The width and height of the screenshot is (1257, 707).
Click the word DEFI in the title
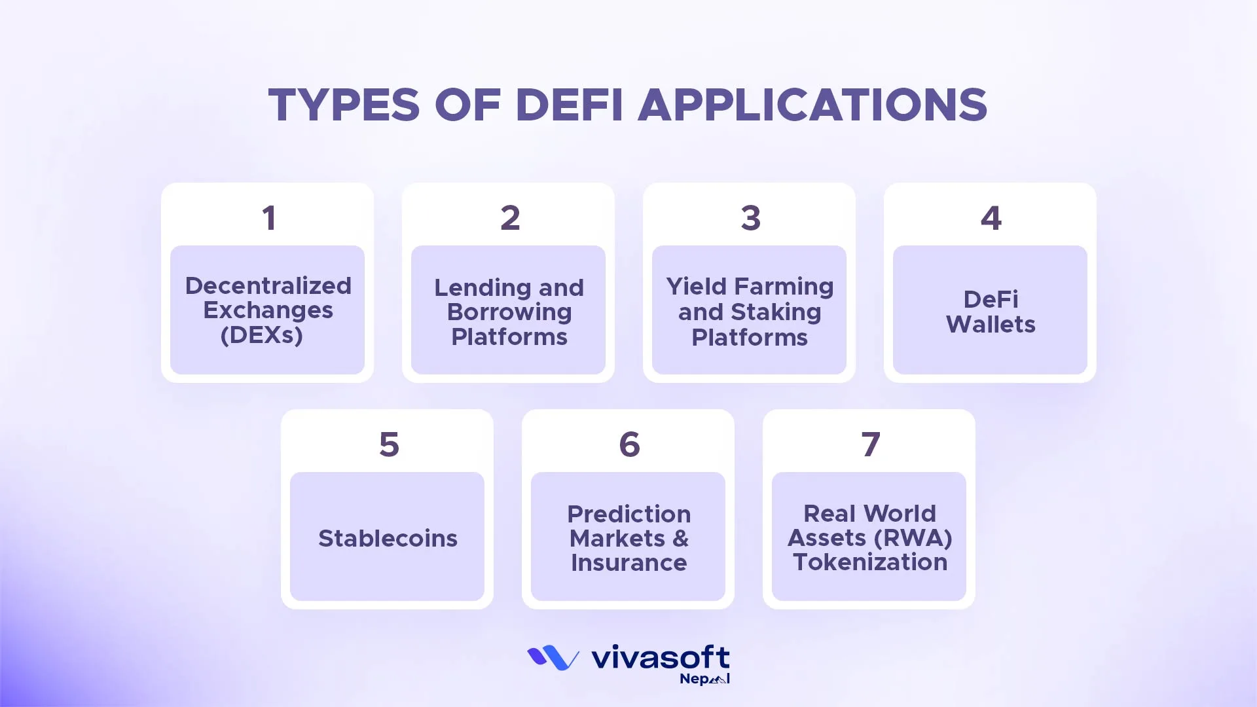(569, 105)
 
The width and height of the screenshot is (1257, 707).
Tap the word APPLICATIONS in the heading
(812, 105)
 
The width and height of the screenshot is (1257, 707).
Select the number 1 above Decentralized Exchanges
(268, 218)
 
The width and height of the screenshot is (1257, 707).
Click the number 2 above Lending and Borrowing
(510, 218)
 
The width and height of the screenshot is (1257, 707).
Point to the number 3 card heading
(750, 218)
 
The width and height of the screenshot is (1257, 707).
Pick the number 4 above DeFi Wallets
(991, 218)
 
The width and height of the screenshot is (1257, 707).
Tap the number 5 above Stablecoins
(389, 444)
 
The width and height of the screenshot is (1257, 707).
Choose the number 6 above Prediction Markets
(629, 444)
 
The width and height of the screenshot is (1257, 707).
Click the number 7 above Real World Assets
(870, 444)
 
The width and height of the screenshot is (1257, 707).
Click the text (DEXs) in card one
(262, 335)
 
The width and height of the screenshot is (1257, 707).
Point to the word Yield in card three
(696, 287)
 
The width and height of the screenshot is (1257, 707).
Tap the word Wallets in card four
(991, 325)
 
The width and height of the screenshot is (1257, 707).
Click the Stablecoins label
(388, 538)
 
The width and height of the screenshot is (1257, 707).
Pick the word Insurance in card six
(628, 563)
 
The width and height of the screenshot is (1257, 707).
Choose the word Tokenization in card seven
(870, 562)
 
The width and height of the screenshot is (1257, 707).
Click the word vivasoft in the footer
(660, 657)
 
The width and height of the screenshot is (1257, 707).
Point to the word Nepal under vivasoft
(704, 679)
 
